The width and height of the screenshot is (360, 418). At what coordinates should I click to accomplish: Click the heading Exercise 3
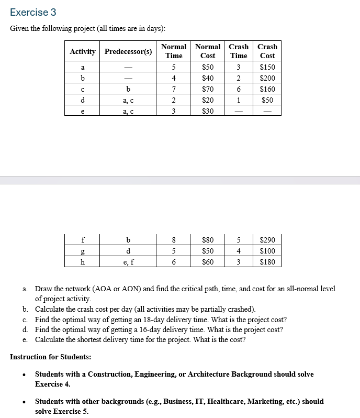[x=33, y=12]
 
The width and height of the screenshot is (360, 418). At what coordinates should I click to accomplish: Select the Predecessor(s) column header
[x=128, y=51]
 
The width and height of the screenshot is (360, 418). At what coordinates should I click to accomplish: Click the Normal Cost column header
[x=208, y=51]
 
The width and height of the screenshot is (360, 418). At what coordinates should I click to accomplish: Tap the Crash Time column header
[x=239, y=51]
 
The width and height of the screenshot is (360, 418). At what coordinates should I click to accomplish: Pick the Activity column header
[x=83, y=51]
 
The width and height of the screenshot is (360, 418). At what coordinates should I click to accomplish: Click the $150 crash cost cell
[x=267, y=67]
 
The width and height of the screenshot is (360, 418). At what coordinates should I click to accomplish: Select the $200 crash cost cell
[x=267, y=78]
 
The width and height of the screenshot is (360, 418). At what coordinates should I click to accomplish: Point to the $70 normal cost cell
[x=208, y=89]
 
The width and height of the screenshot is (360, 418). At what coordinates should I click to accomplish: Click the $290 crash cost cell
[x=267, y=240]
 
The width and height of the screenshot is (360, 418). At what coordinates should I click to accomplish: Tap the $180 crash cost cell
[x=267, y=262]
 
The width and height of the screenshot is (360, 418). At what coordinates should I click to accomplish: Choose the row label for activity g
[x=83, y=251]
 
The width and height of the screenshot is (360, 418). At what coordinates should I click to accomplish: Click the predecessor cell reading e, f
[x=128, y=262]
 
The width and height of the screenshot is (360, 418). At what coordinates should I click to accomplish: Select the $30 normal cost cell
[x=208, y=111]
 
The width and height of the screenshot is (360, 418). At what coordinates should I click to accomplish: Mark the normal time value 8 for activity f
[x=174, y=240]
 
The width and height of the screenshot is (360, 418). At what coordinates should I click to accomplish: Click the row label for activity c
[x=83, y=89]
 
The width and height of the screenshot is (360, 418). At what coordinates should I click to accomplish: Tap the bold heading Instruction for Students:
[x=51, y=357]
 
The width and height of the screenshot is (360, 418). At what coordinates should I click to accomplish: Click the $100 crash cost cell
[x=267, y=251]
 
